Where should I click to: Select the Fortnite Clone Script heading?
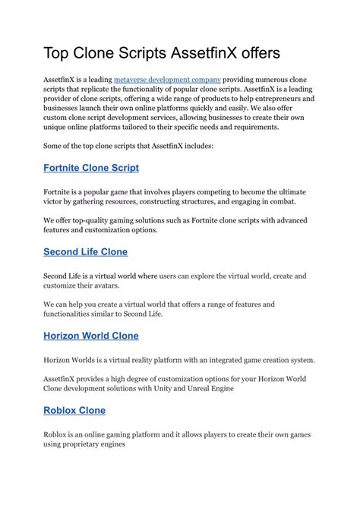coord(91,167)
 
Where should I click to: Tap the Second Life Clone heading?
coord(85,251)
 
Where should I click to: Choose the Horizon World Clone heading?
coord(91,335)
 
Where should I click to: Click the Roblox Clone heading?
coord(74,410)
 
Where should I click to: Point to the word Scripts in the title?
coord(143,53)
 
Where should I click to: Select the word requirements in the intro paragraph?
coord(255,128)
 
